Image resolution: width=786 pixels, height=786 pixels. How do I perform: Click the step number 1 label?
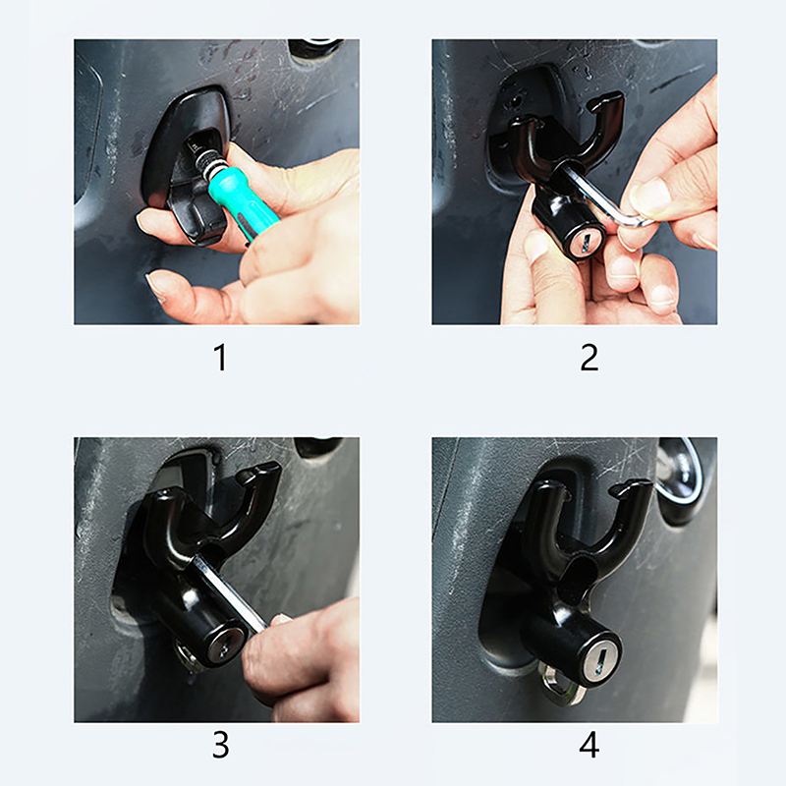tap(220, 357)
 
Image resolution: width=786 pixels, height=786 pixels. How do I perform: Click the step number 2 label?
tap(589, 357)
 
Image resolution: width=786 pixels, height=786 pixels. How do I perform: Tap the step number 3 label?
tap(220, 746)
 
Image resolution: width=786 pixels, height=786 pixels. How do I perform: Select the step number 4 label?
tap(589, 746)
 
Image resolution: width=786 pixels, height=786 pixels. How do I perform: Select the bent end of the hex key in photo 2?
tap(636, 220)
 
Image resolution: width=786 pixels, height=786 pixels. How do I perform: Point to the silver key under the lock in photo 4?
tap(560, 684)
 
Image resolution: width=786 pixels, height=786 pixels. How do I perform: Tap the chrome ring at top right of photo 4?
tap(680, 477)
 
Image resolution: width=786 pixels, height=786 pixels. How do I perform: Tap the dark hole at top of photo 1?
tap(315, 48)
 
